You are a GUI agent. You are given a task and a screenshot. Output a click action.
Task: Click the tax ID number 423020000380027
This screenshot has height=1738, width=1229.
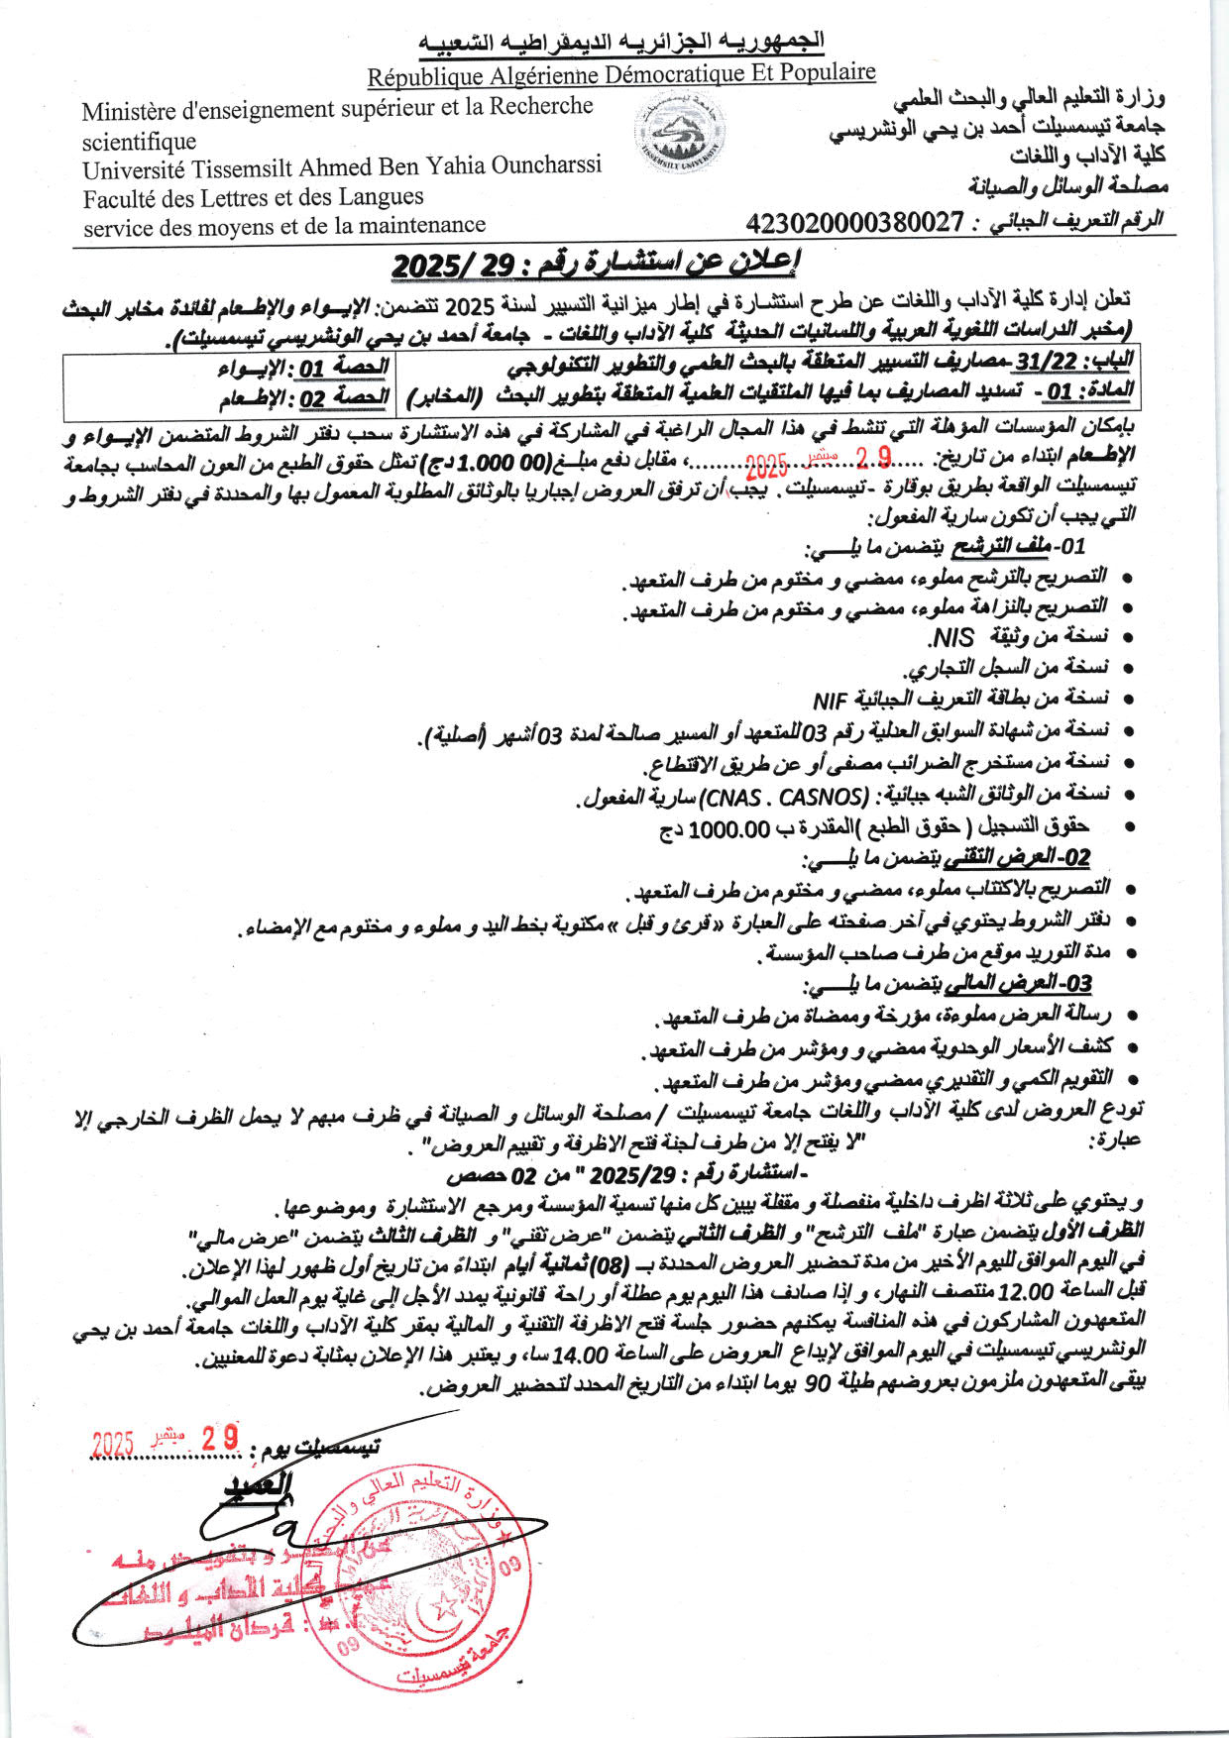coord(854,222)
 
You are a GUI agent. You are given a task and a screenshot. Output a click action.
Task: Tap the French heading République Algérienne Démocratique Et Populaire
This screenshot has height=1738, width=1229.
coord(621,74)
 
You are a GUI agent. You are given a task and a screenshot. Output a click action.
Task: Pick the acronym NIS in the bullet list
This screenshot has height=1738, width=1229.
coord(950,636)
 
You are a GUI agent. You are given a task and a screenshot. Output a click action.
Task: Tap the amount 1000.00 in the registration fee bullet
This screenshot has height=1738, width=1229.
coord(728,828)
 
